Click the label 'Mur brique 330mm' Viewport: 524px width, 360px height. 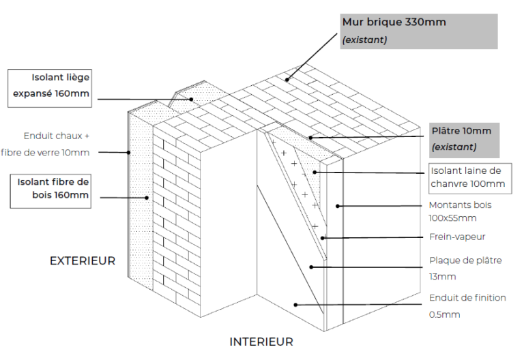tap(394, 22)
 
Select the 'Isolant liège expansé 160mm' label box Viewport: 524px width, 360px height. tap(50, 86)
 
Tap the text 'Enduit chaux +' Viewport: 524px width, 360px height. tap(57, 136)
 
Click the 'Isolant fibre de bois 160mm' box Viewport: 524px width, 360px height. tap(50, 189)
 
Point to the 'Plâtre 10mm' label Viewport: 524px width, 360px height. tap(461, 131)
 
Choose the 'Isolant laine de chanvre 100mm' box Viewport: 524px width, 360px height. tap(468, 177)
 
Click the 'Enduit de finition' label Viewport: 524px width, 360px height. tap(467, 298)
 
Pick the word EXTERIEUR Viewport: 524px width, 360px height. tap(83, 260)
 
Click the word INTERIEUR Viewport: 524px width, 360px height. tap(261, 342)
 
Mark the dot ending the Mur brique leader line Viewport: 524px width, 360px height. tap(287, 80)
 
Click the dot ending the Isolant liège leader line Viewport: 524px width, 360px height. tap(192, 100)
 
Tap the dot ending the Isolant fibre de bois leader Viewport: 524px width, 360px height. tap(147, 198)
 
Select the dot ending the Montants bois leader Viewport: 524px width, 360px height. tap(338, 205)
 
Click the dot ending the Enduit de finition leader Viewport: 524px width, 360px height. tap(295, 305)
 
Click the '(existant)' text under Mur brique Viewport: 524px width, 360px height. tap(364, 40)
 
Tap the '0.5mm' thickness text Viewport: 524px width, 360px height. tap(445, 314)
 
